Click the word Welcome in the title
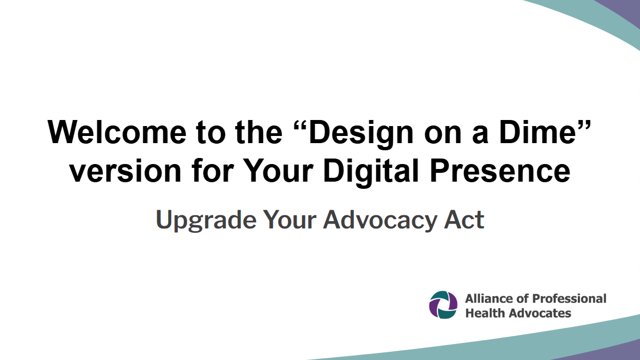tap(117, 132)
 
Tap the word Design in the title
tap(361, 134)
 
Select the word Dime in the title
tap(537, 132)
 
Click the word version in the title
tap(125, 171)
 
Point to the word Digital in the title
tap(371, 171)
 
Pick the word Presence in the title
tap(500, 171)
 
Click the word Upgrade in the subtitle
tap(206, 220)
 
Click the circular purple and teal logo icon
tap(443, 305)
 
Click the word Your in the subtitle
tap(289, 220)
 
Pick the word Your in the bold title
tap(278, 171)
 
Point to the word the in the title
tap(259, 132)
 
